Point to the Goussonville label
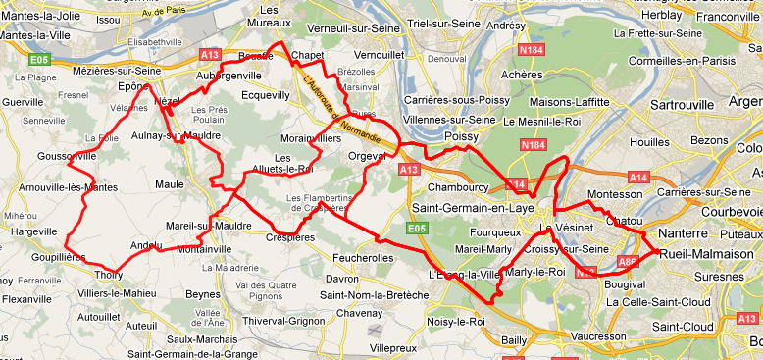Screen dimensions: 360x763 click(x=68, y=155)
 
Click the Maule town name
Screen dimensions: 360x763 click(x=169, y=183)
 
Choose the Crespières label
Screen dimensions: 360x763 click(x=292, y=237)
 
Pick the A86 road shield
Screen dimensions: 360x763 click(x=628, y=262)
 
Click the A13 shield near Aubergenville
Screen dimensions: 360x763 click(x=211, y=54)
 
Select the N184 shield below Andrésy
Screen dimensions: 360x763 click(x=532, y=48)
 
